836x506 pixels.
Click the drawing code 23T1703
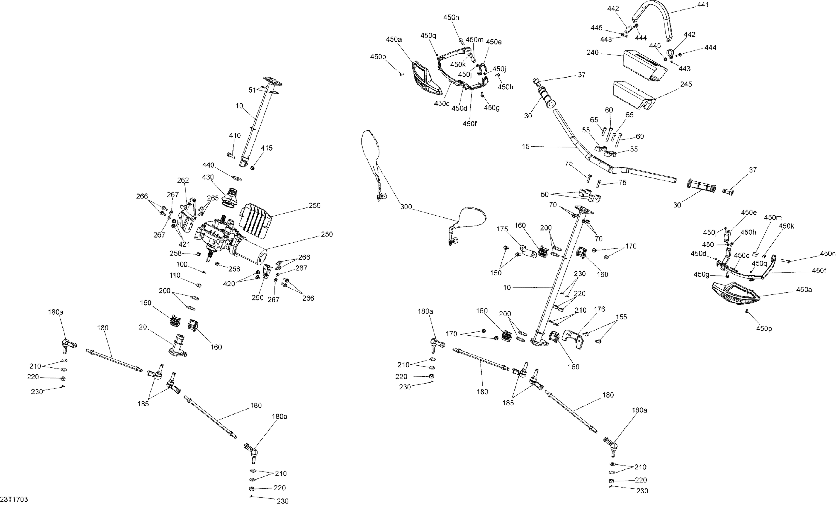(14, 499)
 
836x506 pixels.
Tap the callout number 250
(327, 234)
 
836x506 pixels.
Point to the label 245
(686, 84)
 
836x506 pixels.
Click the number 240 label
(592, 53)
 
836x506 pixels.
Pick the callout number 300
(406, 207)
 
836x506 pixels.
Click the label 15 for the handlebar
(526, 147)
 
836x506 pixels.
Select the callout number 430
(208, 177)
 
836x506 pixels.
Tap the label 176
(599, 309)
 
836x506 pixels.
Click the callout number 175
(502, 229)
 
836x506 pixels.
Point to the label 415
(266, 148)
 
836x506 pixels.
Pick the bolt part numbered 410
(231, 156)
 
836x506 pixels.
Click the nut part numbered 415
(253, 168)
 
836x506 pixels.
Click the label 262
(183, 180)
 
